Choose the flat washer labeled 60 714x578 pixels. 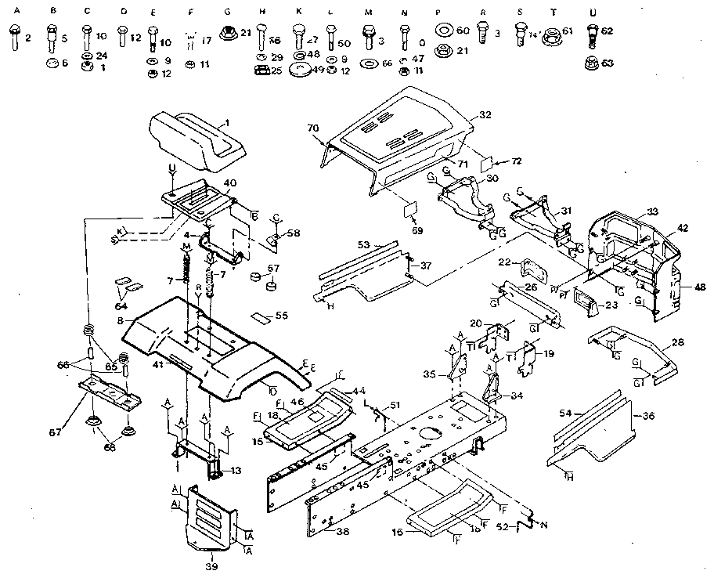443,32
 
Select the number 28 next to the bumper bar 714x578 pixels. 678,343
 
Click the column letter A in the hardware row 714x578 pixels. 12,12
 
